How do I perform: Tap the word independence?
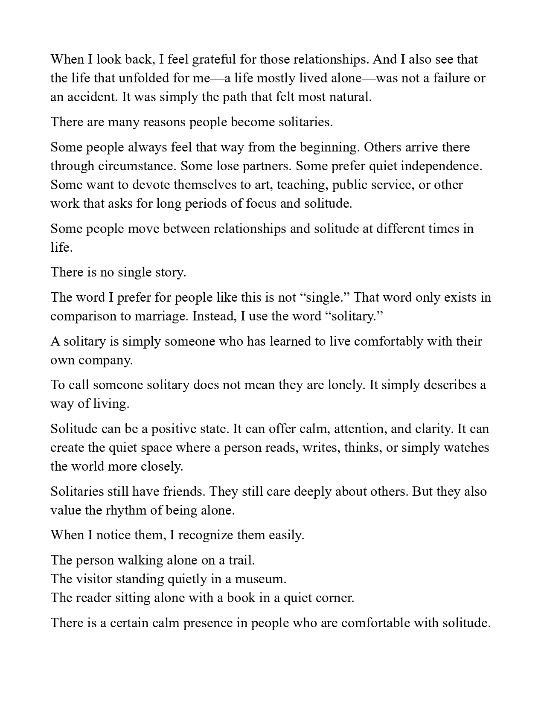click(x=442, y=166)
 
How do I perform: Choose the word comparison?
click(x=81, y=316)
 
